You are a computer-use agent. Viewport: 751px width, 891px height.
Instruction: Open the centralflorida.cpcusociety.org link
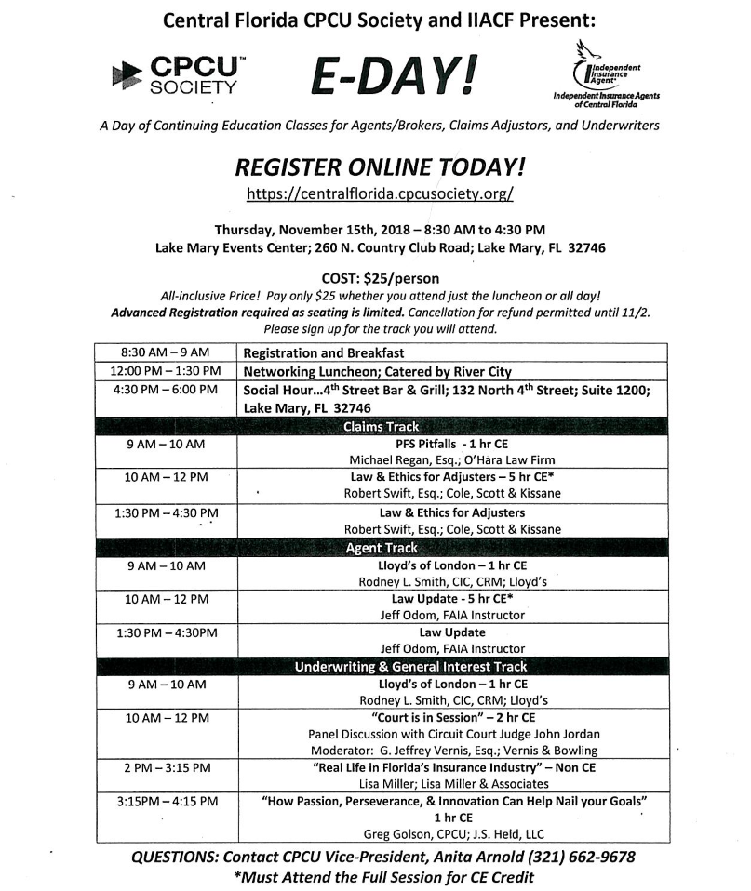380,194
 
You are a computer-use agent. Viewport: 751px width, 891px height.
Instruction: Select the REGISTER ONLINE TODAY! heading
380,166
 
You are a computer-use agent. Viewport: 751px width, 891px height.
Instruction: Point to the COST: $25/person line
380,278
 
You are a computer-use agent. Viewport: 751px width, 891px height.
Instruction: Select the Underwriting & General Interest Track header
410,666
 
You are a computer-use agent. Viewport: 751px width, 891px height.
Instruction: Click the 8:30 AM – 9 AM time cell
166,352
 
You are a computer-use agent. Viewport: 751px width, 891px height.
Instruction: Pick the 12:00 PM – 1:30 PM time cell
166,371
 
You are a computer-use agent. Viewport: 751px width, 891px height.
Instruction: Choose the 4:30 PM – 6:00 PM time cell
166,390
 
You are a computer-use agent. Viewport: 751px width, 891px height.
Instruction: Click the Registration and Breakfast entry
323,353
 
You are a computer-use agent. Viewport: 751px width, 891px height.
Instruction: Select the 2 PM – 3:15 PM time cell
166,767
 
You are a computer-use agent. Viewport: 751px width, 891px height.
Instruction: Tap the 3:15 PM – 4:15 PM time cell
166,801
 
